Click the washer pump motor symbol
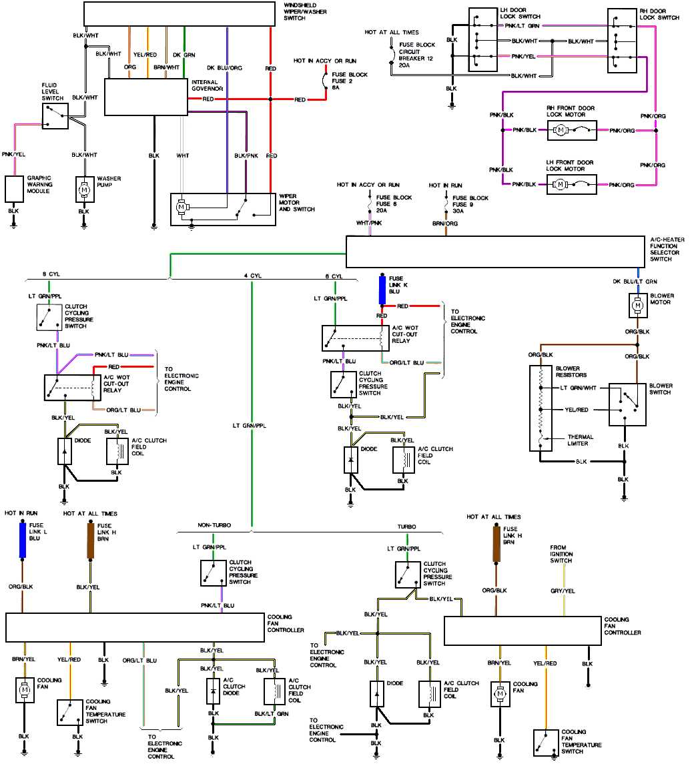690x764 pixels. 84,189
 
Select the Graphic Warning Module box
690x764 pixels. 15,189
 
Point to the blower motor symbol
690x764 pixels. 637,306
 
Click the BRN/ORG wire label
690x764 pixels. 445,223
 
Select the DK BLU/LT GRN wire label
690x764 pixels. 636,281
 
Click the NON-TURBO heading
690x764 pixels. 214,526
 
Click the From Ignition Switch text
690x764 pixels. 562,554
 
